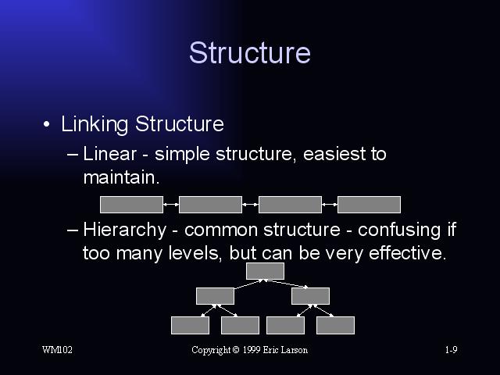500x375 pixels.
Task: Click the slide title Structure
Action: point(250,52)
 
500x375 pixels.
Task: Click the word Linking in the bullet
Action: point(95,124)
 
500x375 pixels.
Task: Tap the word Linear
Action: point(109,154)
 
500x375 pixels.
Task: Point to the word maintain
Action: point(121,177)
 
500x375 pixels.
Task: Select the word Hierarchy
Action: point(125,230)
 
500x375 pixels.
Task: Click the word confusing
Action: point(399,230)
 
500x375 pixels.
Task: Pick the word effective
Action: point(407,253)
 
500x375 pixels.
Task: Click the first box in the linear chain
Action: point(131,205)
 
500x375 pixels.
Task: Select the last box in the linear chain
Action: point(369,205)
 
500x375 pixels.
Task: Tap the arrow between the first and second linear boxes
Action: point(171,205)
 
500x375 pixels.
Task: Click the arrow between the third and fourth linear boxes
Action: point(330,205)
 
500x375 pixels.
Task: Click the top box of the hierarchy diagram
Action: point(266,271)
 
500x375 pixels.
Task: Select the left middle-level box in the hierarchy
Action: point(216,296)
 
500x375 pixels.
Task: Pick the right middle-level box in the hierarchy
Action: point(311,296)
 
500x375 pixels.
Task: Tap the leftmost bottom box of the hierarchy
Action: point(190,325)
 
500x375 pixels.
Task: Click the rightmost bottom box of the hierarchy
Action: point(335,325)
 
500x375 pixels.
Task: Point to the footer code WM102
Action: point(57,350)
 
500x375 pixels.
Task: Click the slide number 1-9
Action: point(452,350)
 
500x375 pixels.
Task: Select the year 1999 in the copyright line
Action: point(252,350)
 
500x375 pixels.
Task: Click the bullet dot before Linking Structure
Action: point(47,124)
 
